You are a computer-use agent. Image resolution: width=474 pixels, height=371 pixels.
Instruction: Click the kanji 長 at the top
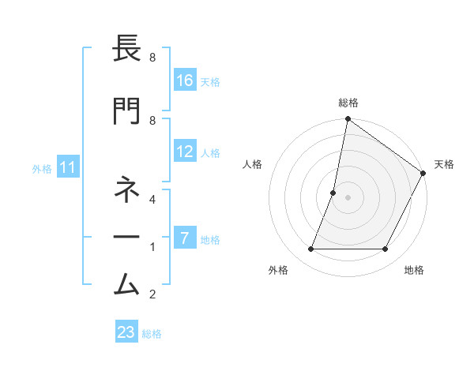click(x=127, y=51)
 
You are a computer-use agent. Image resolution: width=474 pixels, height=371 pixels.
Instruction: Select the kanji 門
click(x=127, y=111)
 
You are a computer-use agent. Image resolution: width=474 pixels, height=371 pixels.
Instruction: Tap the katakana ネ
click(x=127, y=190)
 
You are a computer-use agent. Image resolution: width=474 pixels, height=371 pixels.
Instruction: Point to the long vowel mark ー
click(x=127, y=236)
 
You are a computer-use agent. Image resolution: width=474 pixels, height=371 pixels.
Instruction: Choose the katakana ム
click(x=127, y=282)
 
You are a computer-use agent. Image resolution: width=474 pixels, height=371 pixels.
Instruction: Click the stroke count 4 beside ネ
click(x=152, y=200)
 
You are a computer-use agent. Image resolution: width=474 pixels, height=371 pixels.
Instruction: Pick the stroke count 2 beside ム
click(x=152, y=294)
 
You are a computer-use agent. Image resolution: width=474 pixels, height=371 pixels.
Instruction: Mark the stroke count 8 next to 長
click(x=152, y=58)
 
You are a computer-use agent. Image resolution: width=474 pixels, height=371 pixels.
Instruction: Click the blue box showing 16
click(x=185, y=81)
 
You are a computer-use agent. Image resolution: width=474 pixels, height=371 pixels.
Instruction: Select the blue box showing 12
click(x=185, y=152)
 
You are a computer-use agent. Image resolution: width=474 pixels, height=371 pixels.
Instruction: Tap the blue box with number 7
click(x=185, y=238)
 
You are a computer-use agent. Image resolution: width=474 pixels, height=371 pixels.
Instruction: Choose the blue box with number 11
click(x=68, y=167)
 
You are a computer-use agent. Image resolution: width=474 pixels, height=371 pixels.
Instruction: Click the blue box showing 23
click(x=126, y=332)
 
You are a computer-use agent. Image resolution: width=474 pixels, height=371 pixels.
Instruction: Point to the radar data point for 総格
click(x=348, y=120)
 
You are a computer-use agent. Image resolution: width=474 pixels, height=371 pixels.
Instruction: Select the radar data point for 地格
click(x=386, y=249)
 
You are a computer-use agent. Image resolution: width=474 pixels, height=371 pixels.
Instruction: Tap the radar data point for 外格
click(x=310, y=249)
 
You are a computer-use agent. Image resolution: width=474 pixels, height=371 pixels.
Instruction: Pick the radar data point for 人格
click(x=333, y=193)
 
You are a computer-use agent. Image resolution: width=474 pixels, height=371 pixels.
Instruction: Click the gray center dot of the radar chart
click(x=348, y=197)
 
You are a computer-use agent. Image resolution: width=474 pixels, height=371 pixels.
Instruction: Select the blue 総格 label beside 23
click(x=152, y=333)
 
